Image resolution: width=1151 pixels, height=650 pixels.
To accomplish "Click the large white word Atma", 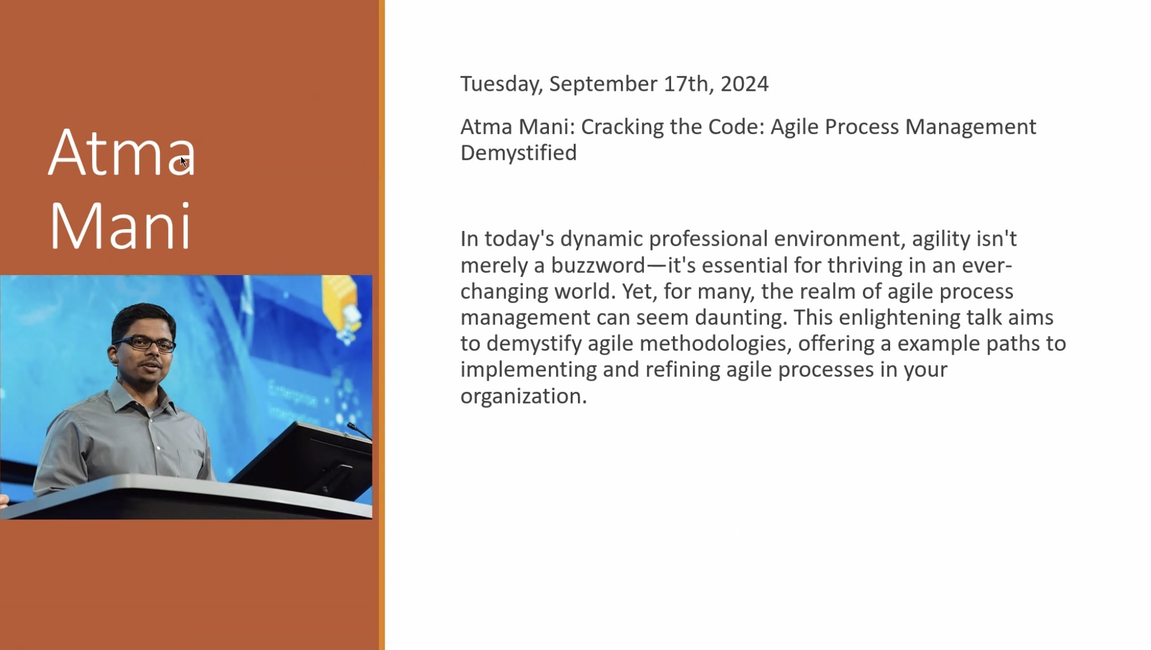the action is pos(122,152).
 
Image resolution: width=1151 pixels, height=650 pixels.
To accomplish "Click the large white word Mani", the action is pos(120,226).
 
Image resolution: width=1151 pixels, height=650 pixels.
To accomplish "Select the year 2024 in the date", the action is pos(744,84).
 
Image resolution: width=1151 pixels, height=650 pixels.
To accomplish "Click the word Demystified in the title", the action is pos(518,153).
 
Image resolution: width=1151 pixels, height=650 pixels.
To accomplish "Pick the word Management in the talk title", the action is pos(970,128).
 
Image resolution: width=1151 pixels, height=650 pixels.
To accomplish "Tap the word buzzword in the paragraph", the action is pos(598,265).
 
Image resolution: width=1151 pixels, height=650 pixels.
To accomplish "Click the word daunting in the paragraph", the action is pos(741,318).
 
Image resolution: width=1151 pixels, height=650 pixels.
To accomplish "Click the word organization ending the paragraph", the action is pos(524,396).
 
